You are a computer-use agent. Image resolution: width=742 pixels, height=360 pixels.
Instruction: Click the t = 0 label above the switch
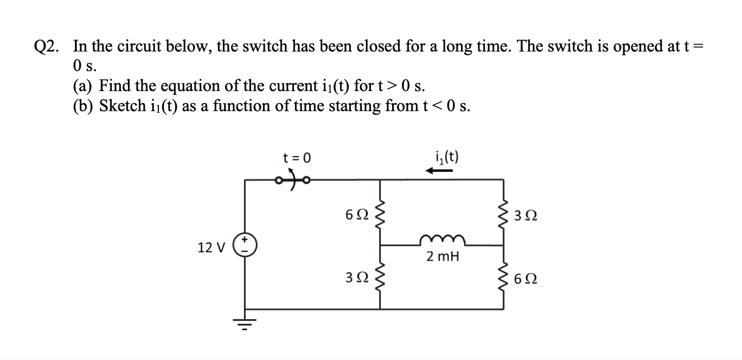click(x=297, y=158)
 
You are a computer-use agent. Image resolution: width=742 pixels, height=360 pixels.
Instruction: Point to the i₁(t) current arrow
click(x=439, y=171)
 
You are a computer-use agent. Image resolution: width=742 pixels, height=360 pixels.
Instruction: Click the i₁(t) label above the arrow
click(x=447, y=157)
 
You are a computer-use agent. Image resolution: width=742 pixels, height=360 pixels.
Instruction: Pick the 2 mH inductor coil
click(x=440, y=240)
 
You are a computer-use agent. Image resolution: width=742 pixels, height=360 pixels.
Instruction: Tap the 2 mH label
click(x=443, y=257)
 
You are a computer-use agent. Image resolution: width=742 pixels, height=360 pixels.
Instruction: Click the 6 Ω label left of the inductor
click(x=355, y=215)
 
